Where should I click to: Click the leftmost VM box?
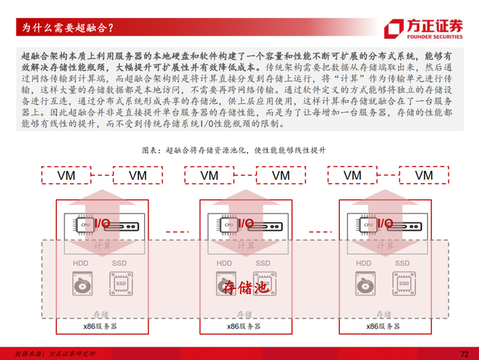pos(67,175)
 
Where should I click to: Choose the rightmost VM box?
pos(424,175)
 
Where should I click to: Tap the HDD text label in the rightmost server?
pos(364,263)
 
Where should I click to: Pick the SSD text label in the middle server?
pos(263,263)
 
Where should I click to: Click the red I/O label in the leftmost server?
pos(101,223)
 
